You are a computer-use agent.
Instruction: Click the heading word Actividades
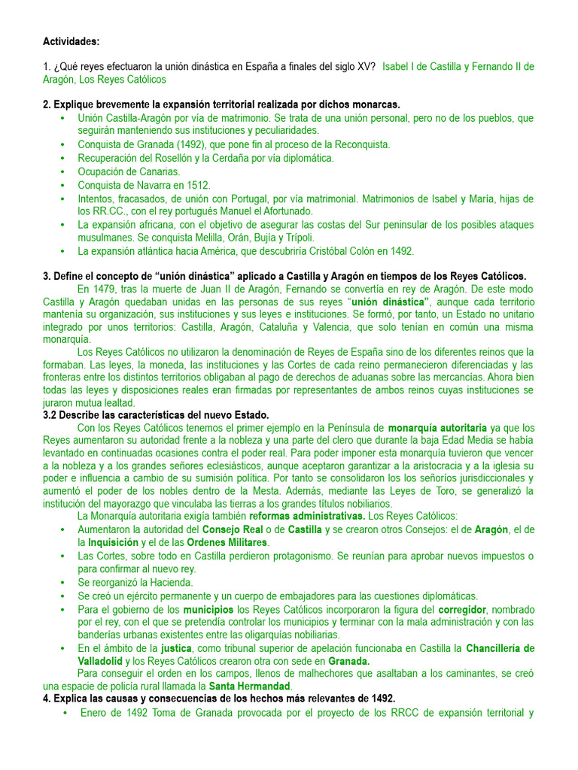click(71, 41)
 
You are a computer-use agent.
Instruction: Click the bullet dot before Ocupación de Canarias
click(61, 172)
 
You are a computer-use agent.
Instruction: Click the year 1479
click(106, 289)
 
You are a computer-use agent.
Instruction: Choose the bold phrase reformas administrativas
click(307, 516)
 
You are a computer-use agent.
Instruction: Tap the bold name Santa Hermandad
click(249, 687)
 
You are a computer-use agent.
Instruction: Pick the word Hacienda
click(169, 582)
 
